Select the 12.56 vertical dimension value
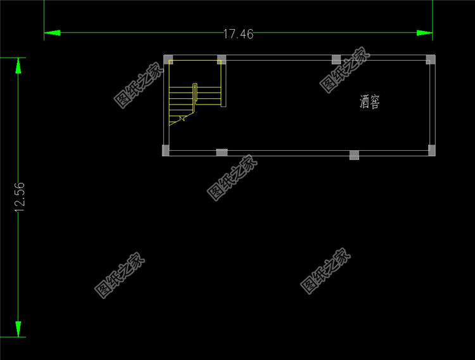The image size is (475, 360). tap(20, 197)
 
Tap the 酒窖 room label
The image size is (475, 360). tap(369, 101)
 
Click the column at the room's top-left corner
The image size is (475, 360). tap(168, 60)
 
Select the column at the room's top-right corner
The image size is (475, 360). tap(431, 60)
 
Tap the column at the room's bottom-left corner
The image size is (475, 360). tap(166, 150)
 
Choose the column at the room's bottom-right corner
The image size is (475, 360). tap(431, 150)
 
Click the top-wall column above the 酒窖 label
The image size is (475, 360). tap(336, 60)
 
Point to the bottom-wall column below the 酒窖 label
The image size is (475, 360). tap(354, 154)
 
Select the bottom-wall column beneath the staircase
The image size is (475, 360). tap(222, 152)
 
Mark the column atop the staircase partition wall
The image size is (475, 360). tap(221, 60)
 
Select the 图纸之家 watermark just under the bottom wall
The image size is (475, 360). tap(232, 178)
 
